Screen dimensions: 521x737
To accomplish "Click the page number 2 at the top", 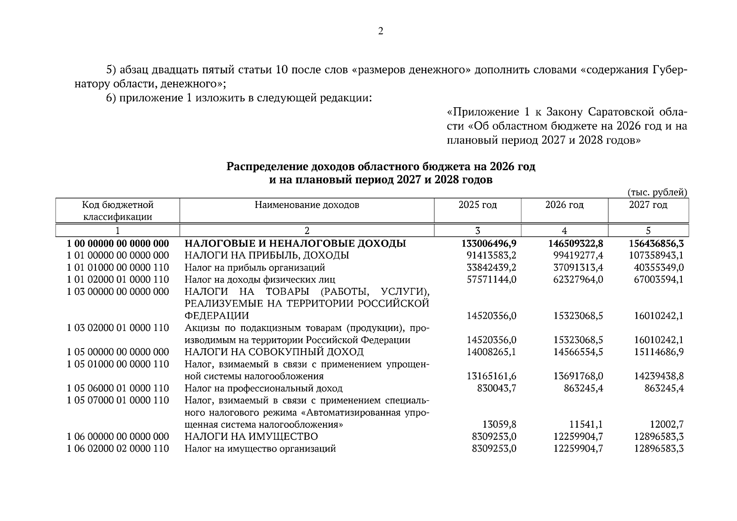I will pyautogui.click(x=380, y=31).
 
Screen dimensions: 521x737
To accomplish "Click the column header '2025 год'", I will pyautogui.click(x=477, y=205).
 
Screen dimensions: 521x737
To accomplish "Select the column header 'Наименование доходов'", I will pyautogui.click(x=307, y=205).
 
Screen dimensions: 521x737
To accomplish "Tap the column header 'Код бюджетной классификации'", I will pyautogui.click(x=118, y=211).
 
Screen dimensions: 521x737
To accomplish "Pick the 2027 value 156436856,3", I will pyautogui.click(x=656, y=244).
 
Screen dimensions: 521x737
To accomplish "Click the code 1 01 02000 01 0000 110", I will pyautogui.click(x=118, y=280).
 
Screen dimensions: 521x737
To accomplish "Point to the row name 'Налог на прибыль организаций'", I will pyautogui.click(x=254, y=267).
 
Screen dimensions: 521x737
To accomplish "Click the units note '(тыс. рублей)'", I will pyautogui.click(x=657, y=192).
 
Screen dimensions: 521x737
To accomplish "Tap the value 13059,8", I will pyautogui.click(x=499, y=424).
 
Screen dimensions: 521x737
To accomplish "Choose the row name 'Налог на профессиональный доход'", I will pyautogui.click(x=263, y=388).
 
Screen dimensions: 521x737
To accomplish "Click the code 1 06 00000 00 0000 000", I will pyautogui.click(x=118, y=436).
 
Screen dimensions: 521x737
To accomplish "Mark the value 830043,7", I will pyautogui.click(x=496, y=388).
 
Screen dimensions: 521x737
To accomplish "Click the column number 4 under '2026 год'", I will pyautogui.click(x=564, y=231).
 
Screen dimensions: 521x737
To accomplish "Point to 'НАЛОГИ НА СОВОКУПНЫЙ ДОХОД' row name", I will pyautogui.click(x=274, y=352).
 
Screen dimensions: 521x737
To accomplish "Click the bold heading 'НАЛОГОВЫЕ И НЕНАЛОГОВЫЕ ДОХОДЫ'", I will pyautogui.click(x=295, y=244).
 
